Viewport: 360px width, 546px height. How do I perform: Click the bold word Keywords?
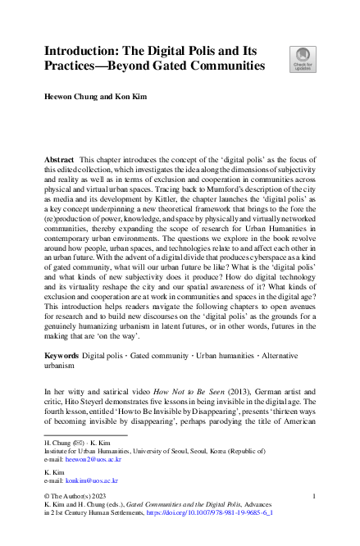point(64,357)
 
